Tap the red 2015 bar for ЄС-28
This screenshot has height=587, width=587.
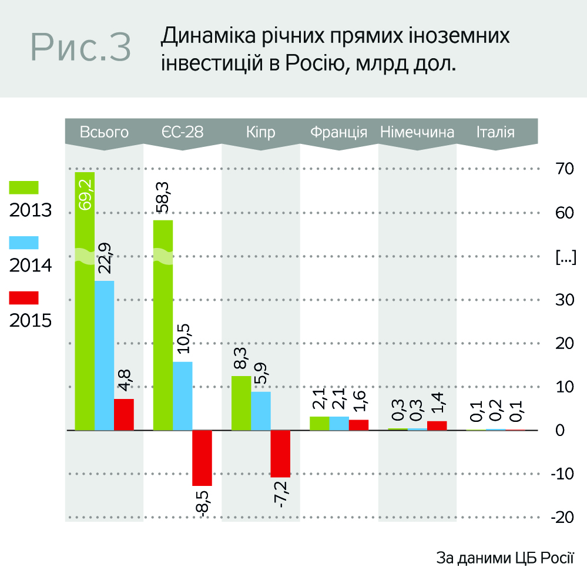(x=202, y=458)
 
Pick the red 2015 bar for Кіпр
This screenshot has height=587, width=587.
(x=280, y=453)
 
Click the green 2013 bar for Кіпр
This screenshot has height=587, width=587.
(x=241, y=403)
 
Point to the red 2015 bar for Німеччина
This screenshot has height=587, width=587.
(x=437, y=425)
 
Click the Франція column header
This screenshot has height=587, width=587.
(x=338, y=132)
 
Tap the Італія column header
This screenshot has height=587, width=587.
(x=495, y=132)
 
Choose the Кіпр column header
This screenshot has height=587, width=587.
(x=260, y=132)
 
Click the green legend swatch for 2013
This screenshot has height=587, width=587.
(x=24, y=187)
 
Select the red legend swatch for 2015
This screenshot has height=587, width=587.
(x=24, y=298)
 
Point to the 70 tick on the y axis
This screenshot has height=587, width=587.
(x=565, y=168)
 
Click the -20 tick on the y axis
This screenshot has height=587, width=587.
(x=563, y=518)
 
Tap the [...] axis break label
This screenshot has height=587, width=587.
(x=565, y=256)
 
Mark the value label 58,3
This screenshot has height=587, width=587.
(x=164, y=197)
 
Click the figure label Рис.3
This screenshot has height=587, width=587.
(x=80, y=47)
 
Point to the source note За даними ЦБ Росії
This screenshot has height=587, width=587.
(x=505, y=558)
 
